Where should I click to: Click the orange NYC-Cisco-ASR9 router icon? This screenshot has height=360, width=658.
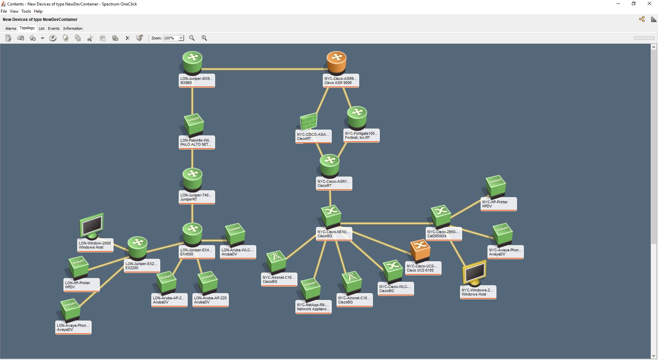click(x=336, y=62)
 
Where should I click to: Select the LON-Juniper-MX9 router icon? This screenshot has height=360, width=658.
click(x=192, y=62)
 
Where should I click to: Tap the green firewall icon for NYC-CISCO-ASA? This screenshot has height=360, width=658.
click(x=308, y=122)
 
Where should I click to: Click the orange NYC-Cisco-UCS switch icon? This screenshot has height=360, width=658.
click(x=420, y=250)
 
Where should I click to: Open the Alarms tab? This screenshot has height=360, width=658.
click(x=11, y=28)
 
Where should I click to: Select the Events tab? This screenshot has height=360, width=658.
click(x=54, y=28)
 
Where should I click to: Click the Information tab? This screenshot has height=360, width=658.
click(x=73, y=28)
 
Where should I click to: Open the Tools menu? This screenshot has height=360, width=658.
click(x=26, y=11)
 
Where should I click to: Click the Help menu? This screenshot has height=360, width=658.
click(x=38, y=11)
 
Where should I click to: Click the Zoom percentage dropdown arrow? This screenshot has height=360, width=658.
click(x=181, y=38)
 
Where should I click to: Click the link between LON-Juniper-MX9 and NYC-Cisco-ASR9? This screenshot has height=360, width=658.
click(x=264, y=69)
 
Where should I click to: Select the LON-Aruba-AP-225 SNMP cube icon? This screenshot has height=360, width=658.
click(x=208, y=282)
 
